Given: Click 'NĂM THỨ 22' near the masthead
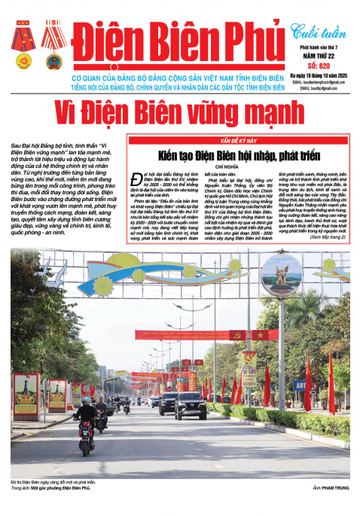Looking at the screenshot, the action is (311, 55).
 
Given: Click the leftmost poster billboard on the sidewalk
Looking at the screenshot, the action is (25, 395).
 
